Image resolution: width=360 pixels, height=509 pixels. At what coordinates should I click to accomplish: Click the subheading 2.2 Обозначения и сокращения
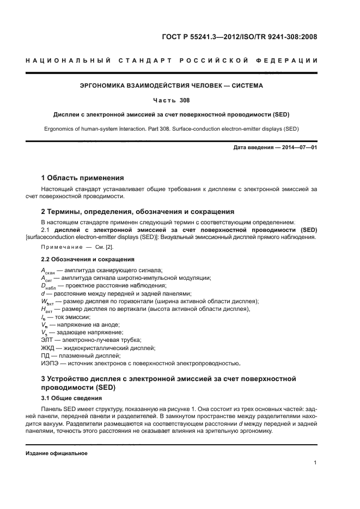[x=88, y=259]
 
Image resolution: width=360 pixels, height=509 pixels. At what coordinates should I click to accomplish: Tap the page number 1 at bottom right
[x=315, y=463]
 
